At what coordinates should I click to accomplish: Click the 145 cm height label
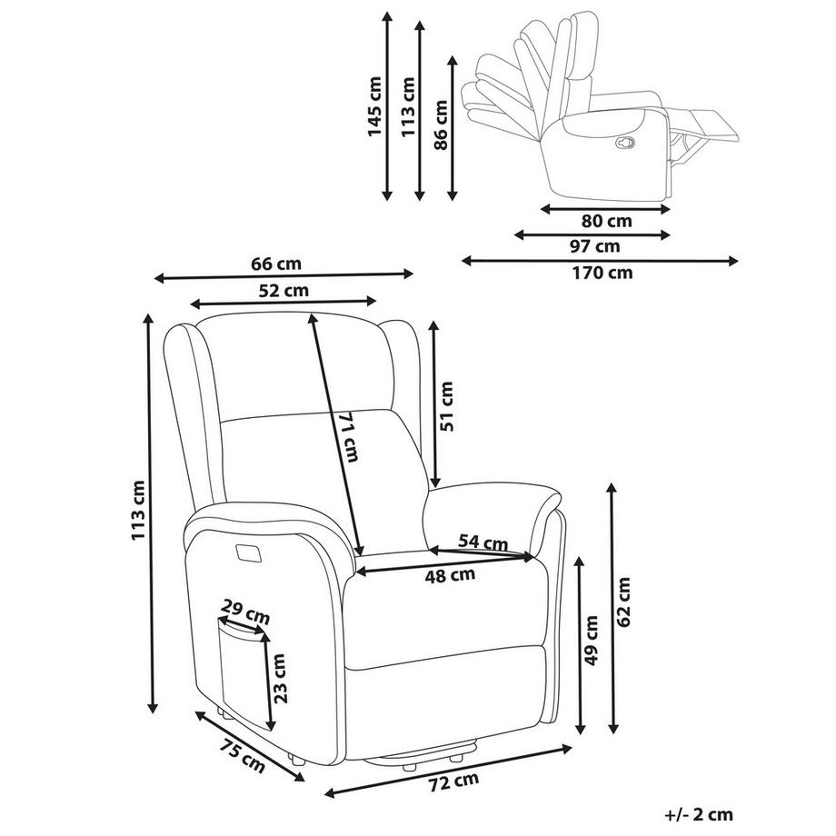click(374, 106)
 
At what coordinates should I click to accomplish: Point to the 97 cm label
click(595, 246)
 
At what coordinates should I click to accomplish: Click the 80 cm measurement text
click(607, 221)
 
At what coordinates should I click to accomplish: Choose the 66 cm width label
click(275, 264)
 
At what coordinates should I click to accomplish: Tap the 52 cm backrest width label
click(284, 292)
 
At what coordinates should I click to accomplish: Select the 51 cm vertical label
click(447, 406)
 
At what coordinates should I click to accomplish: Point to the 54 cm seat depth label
click(483, 542)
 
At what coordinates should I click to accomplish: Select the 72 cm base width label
click(453, 781)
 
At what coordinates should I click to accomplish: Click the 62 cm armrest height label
click(624, 602)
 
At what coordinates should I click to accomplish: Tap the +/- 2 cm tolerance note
click(698, 815)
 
